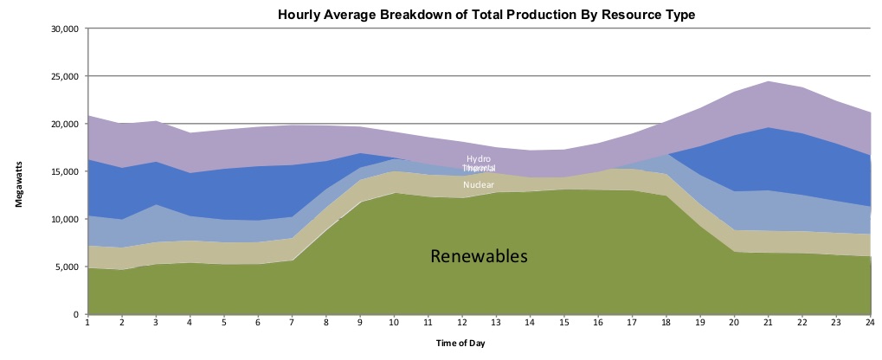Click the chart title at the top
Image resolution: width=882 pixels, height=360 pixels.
[x=486, y=15]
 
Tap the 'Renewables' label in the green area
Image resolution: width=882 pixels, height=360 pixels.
[x=479, y=256]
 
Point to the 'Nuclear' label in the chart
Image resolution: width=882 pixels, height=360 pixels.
[x=479, y=185]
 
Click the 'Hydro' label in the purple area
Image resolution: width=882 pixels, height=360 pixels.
[x=479, y=159]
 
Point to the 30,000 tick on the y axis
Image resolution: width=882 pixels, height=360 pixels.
[x=66, y=29]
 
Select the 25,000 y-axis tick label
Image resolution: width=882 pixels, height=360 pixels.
[x=66, y=77]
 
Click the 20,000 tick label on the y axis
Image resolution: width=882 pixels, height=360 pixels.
[x=66, y=125]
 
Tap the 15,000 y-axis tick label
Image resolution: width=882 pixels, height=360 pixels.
[x=66, y=172]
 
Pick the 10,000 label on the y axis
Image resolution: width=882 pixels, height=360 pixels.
[x=66, y=220]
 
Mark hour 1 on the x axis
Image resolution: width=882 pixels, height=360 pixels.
[x=87, y=324]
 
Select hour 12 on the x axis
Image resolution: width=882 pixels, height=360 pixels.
[x=460, y=324]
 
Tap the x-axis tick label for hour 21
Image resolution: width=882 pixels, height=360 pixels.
[x=769, y=324]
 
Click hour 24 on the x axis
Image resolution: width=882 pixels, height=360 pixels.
[x=870, y=324]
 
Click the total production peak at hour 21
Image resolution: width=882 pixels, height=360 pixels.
[x=769, y=81]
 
